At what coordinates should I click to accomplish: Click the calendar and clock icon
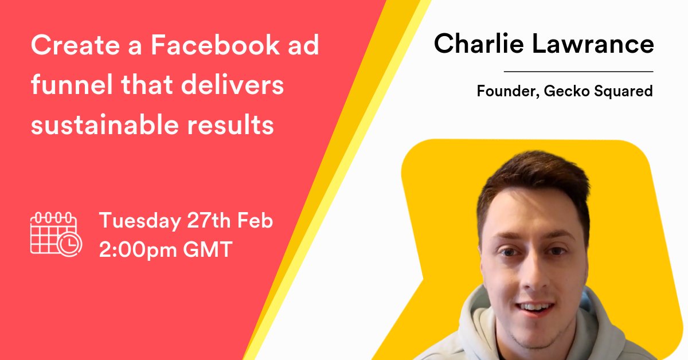pyautogui.click(x=56, y=233)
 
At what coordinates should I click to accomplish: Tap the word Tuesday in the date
pyautogui.click(x=139, y=221)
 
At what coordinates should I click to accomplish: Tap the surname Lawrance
pyautogui.click(x=596, y=44)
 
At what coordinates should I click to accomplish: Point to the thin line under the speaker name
pyautogui.click(x=578, y=72)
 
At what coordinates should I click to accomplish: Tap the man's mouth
pyautogui.click(x=534, y=307)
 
